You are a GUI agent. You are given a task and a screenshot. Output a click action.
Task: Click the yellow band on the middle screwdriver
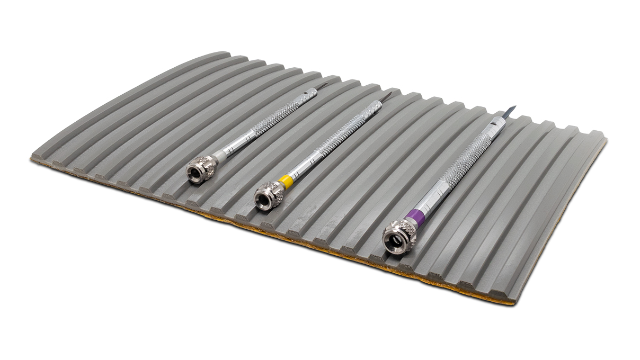(286, 182)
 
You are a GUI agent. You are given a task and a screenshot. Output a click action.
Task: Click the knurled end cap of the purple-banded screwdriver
(399, 236)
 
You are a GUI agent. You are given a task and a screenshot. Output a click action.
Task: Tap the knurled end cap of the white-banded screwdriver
(201, 170)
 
